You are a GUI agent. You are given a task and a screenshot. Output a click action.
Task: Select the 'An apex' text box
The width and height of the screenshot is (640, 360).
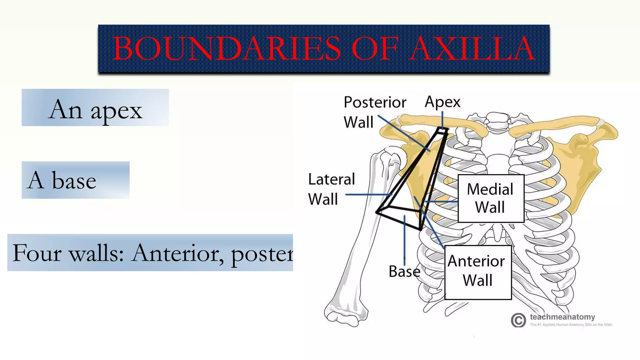[x=95, y=108]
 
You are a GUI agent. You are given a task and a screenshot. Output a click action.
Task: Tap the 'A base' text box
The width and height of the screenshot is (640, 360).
[x=75, y=180]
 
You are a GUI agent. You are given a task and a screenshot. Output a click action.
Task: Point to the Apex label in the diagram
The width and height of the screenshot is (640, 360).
[x=442, y=102]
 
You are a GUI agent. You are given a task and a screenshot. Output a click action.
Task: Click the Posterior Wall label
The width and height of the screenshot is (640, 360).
[x=374, y=112]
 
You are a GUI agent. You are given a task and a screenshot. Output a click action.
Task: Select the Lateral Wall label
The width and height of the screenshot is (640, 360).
[x=331, y=189]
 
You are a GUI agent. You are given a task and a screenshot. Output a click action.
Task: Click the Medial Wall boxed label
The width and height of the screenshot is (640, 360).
[x=491, y=198]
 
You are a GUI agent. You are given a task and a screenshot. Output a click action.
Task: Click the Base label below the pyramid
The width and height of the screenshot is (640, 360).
[x=404, y=271]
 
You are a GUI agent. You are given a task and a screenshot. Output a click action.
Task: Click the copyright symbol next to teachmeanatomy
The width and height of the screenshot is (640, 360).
[x=518, y=320]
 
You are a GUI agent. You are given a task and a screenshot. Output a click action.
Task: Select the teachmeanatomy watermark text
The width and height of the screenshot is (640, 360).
[x=562, y=317]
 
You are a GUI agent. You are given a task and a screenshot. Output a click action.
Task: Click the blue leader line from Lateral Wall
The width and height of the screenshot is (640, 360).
[x=369, y=195]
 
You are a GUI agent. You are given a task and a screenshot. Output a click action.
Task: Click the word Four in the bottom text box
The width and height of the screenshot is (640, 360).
[x=37, y=253]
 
